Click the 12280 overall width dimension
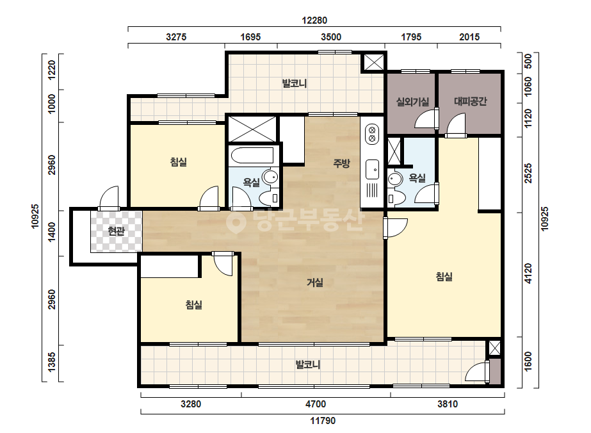(x=314, y=20)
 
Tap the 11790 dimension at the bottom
(x=323, y=421)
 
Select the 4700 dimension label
(x=316, y=404)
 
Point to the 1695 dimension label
(x=250, y=37)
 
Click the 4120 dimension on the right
(x=528, y=274)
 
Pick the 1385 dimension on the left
(x=52, y=362)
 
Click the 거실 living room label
(x=315, y=282)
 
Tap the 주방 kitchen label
(x=341, y=163)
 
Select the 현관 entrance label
(x=116, y=231)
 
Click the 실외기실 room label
(x=412, y=101)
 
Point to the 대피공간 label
(x=470, y=101)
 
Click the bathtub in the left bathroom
(x=252, y=156)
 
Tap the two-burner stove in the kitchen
(x=372, y=135)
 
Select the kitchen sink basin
(x=373, y=169)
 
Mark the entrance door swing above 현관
(x=109, y=197)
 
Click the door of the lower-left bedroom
(x=223, y=264)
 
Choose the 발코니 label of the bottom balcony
(x=308, y=364)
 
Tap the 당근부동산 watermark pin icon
(x=236, y=222)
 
